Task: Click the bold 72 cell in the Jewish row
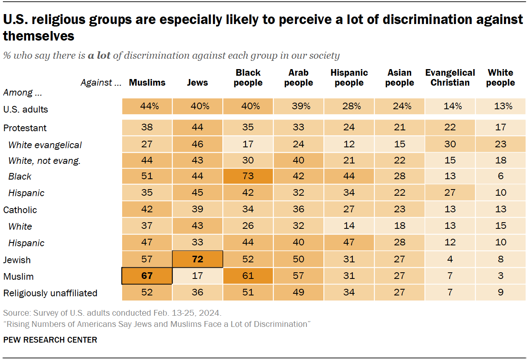(198, 260)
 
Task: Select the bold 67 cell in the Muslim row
(147, 276)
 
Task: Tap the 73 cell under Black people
(248, 176)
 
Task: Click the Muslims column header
(147, 83)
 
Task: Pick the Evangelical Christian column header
(450, 78)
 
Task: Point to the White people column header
(500, 78)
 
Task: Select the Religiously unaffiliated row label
(50, 293)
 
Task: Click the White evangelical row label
(45, 145)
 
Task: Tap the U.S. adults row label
(26, 110)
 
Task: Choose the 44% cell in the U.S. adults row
(147, 106)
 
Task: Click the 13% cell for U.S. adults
(500, 106)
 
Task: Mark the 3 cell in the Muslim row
(500, 276)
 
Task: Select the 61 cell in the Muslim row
(248, 276)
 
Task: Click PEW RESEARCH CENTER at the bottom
(50, 340)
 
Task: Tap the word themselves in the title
(39, 36)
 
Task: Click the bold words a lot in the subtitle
(99, 55)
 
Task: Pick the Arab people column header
(299, 78)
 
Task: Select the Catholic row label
(20, 210)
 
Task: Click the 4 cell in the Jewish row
(450, 260)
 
